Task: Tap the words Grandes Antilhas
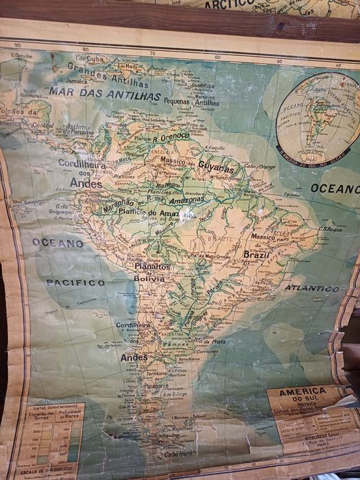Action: tap(104, 71)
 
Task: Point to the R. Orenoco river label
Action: tap(171, 136)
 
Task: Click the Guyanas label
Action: tap(216, 166)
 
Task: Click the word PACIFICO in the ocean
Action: tap(75, 282)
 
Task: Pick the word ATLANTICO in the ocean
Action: tap(312, 288)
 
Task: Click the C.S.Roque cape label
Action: tap(330, 228)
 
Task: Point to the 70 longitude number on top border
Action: tap(152, 53)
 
